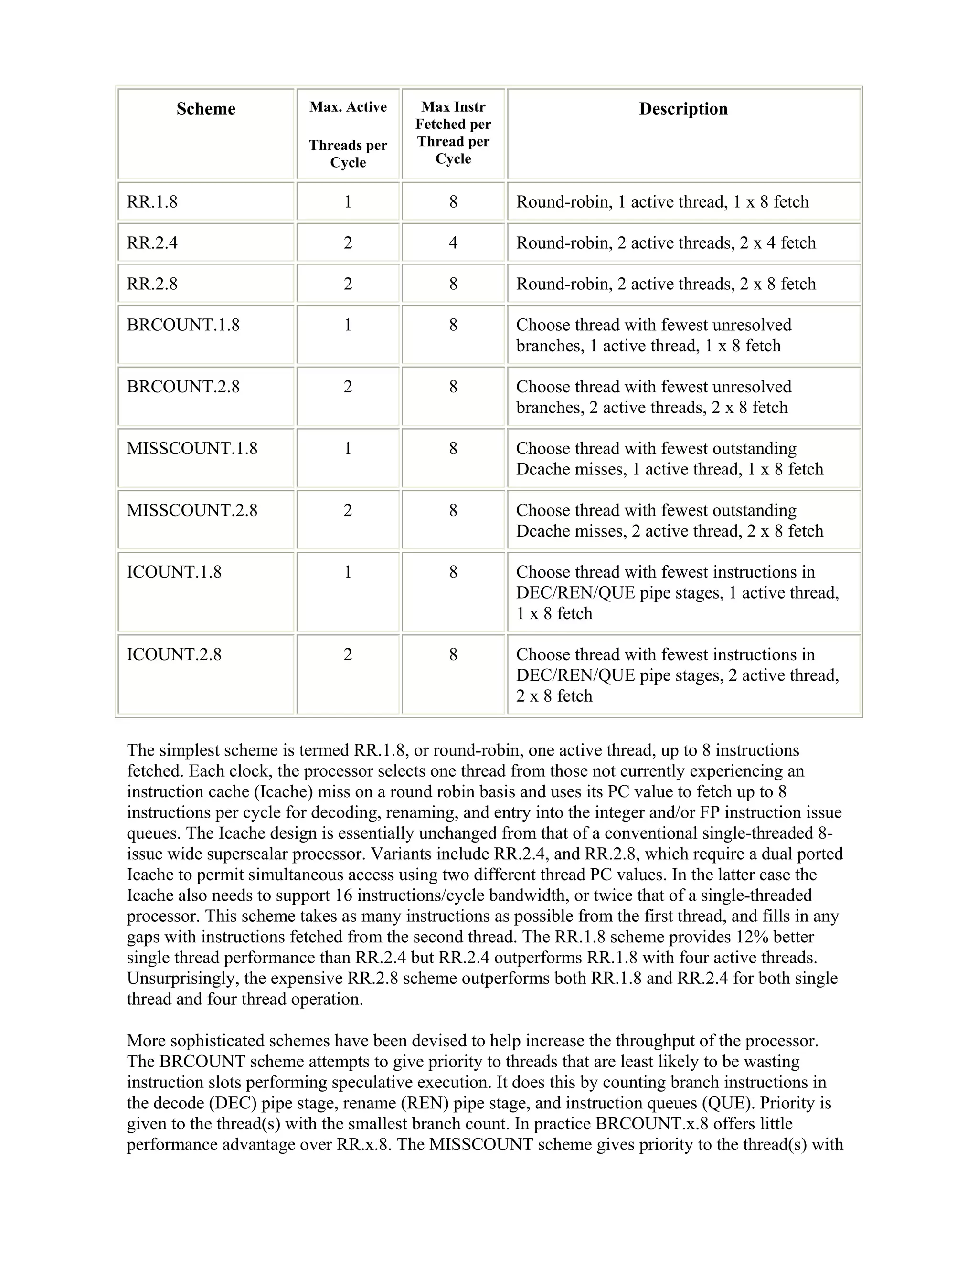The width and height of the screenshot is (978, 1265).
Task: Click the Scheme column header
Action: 206,109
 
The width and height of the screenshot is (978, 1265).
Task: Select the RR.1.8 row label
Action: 152,201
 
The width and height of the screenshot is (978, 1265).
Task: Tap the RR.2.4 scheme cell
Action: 152,242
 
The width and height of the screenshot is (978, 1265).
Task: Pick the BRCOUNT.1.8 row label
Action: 183,325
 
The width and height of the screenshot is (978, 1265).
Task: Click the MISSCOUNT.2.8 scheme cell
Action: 192,510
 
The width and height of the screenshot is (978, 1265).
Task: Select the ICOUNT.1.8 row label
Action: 174,572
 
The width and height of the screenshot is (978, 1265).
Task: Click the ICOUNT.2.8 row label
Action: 174,654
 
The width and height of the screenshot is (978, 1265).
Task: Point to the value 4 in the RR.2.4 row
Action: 453,242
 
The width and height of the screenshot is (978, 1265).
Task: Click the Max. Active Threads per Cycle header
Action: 348,135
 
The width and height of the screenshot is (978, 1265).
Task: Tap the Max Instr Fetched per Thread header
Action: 453,133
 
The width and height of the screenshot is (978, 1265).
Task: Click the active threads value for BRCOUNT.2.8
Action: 348,387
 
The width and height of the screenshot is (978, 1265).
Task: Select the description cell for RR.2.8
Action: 666,284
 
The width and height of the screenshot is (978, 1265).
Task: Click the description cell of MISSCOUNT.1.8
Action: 669,459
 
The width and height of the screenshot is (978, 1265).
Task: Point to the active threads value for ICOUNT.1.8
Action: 348,572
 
